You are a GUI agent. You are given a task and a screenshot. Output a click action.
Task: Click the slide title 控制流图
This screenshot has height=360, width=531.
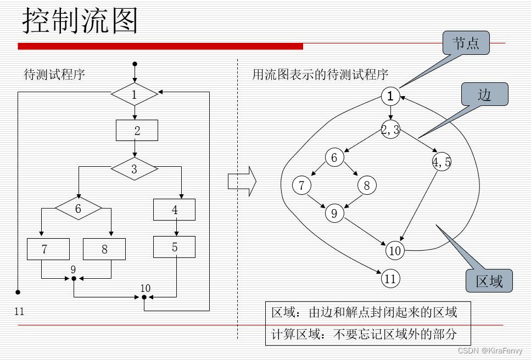[80, 21]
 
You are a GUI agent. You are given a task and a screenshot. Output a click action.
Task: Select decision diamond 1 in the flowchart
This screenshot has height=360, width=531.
[135, 94]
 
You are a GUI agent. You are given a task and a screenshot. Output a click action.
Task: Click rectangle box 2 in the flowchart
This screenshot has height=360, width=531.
[137, 130]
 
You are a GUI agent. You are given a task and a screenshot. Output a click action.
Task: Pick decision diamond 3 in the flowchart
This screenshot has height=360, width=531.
[135, 169]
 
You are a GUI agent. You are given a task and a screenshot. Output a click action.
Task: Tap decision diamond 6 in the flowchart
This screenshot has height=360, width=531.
[79, 209]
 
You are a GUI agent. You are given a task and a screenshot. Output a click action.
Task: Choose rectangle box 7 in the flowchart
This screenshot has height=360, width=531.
[48, 249]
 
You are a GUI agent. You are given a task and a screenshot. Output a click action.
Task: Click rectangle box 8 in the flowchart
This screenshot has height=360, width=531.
[104, 249]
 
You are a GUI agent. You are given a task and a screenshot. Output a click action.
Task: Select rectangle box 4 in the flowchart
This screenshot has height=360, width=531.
[175, 210]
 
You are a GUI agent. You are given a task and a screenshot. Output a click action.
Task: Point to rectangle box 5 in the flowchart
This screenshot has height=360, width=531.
[175, 247]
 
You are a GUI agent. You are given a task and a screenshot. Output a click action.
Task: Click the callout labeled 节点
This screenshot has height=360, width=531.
[466, 43]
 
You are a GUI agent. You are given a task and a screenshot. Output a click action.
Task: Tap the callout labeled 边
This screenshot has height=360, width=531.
[485, 94]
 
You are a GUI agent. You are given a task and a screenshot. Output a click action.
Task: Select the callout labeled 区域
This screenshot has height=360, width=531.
[489, 281]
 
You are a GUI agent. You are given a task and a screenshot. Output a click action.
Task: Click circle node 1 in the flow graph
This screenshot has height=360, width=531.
[390, 97]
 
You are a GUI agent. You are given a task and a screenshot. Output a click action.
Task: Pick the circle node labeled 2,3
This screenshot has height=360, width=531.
[390, 130]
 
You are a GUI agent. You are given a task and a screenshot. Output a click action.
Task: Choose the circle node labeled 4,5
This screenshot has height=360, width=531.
[441, 162]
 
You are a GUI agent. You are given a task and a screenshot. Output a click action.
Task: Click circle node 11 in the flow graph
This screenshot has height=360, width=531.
[390, 279]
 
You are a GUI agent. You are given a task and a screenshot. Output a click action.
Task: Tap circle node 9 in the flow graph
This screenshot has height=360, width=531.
[334, 212]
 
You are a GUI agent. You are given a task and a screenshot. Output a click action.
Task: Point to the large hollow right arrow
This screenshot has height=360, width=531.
[242, 181]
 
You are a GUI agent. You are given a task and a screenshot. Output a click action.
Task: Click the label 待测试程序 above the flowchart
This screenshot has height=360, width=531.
[54, 75]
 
